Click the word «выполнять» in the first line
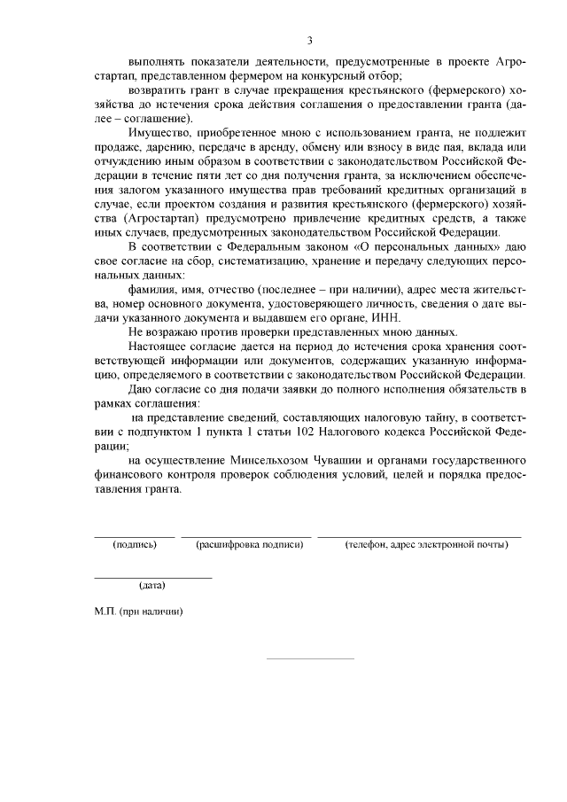click(154, 63)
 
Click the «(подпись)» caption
click(136, 544)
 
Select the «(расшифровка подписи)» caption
click(249, 544)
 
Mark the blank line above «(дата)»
click(153, 577)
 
